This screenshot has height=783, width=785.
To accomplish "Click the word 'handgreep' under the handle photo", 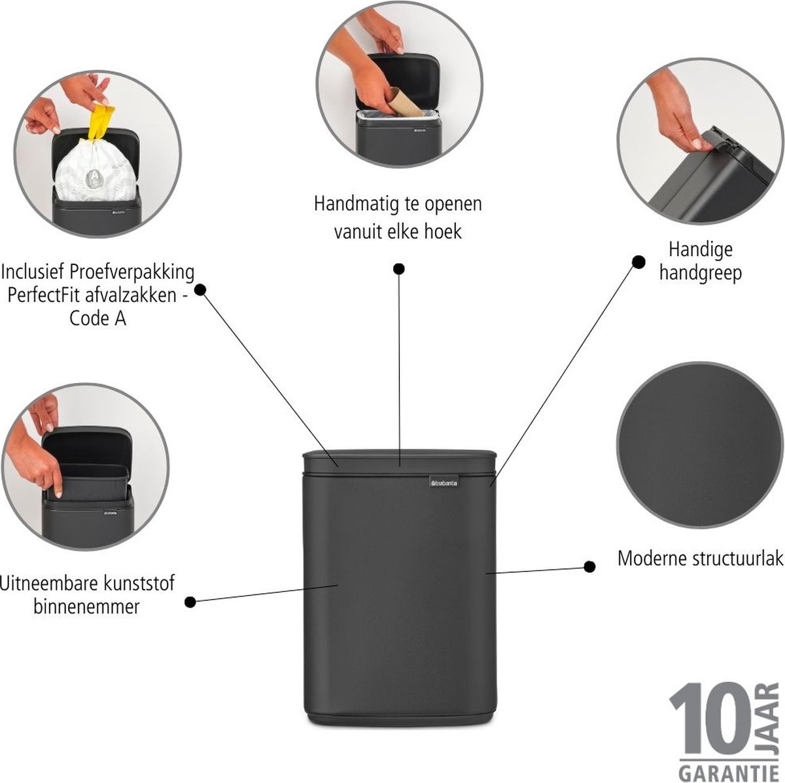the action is [x=701, y=274].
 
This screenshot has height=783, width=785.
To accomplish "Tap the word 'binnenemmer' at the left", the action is [x=86, y=606].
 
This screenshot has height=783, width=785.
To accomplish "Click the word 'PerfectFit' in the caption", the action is [x=45, y=295].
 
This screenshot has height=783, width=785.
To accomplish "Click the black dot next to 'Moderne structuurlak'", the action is [x=589, y=566].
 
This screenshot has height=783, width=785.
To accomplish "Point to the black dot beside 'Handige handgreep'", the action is [x=638, y=262].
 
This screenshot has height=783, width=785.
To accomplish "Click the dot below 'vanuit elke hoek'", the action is [x=399, y=269].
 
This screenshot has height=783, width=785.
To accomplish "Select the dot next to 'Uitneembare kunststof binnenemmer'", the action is [x=190, y=602].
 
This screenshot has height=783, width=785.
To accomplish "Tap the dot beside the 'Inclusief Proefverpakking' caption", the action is [x=200, y=289].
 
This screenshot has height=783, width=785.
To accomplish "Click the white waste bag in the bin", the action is [x=96, y=170].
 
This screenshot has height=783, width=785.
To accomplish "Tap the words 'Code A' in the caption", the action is [x=97, y=318].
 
